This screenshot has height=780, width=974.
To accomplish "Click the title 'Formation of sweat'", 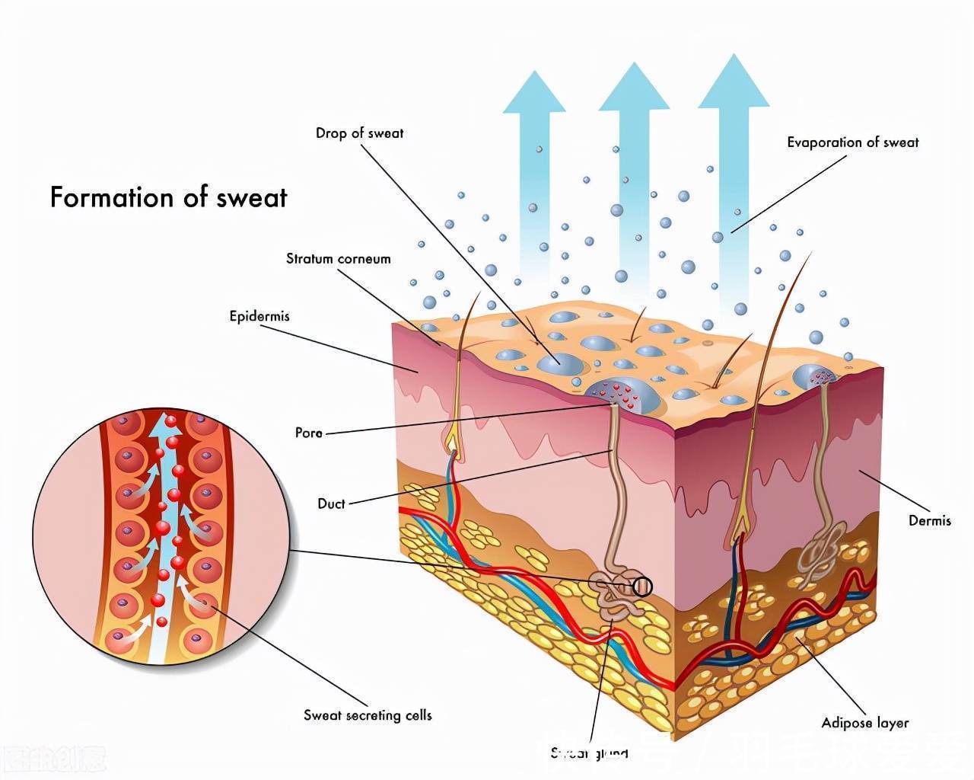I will [x=168, y=197].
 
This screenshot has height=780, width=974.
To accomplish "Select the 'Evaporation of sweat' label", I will [x=852, y=142].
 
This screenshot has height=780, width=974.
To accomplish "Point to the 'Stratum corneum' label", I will [x=338, y=259].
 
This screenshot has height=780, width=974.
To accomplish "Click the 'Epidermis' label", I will [x=259, y=315].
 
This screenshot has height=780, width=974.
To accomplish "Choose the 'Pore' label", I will [x=308, y=433].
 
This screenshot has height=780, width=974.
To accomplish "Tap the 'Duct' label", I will [x=331, y=503].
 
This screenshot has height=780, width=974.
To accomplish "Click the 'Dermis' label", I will [x=929, y=521].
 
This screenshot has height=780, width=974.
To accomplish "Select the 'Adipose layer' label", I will [x=864, y=723].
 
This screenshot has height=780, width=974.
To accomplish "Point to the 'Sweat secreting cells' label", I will [x=368, y=715].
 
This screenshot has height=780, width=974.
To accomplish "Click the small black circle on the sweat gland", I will [x=642, y=587].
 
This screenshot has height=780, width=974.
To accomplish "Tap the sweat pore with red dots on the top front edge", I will [x=619, y=393].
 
